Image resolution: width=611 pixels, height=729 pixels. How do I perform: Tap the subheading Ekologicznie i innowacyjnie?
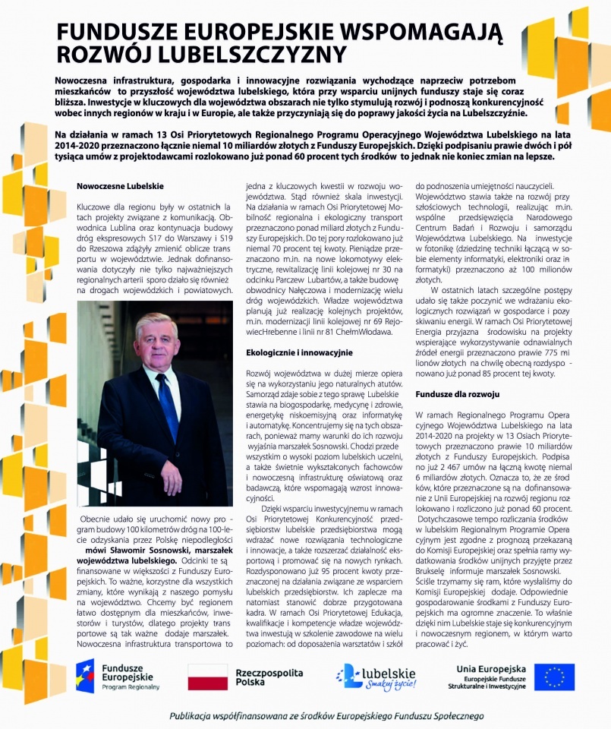point(300,352)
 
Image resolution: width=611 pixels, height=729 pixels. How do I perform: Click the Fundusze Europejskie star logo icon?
point(85,675)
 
